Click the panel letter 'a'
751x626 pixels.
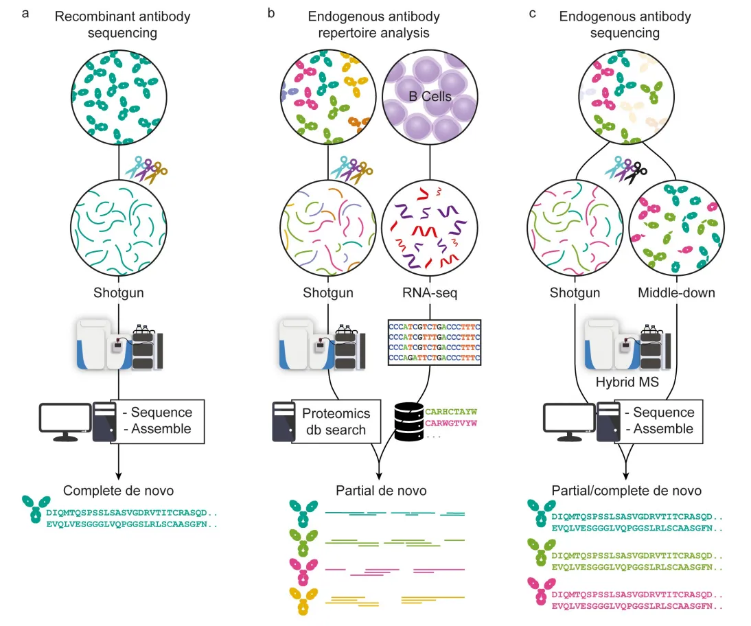(x=25, y=12)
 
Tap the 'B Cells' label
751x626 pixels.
(x=430, y=97)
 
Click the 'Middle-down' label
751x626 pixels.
(x=678, y=293)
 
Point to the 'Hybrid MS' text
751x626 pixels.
(x=626, y=382)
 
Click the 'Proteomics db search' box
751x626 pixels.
(x=336, y=421)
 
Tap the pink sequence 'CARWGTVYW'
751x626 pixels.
(x=450, y=423)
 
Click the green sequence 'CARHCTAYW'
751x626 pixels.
(x=450, y=412)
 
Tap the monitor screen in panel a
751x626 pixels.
(x=65, y=417)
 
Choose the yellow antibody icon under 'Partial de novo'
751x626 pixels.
(x=302, y=600)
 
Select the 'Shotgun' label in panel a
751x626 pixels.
(x=120, y=293)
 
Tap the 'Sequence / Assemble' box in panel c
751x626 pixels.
(x=658, y=421)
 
